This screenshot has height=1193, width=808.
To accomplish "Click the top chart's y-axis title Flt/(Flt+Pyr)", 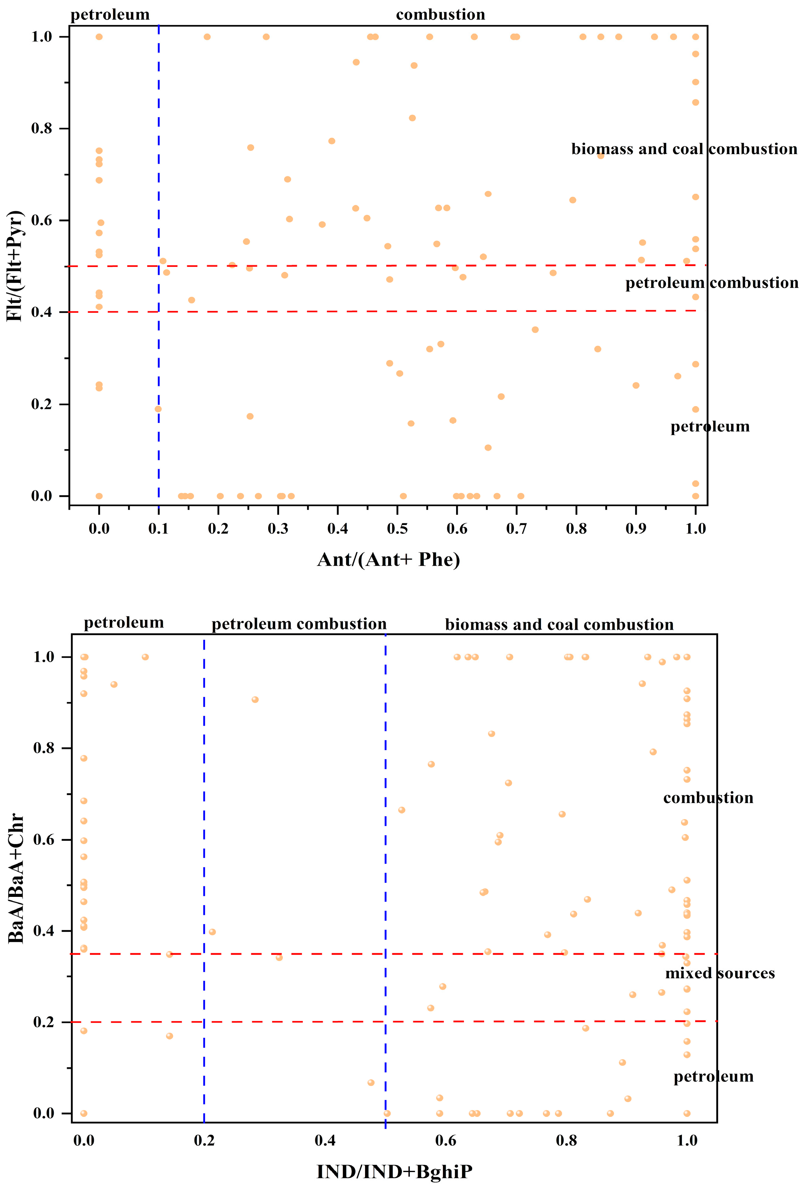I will (x=14, y=266).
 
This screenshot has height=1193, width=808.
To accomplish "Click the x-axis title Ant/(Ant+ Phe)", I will (x=388, y=560).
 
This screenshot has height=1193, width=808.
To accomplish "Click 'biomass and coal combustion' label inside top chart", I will (x=684, y=149).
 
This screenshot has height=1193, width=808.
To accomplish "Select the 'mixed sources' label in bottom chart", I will (x=720, y=973).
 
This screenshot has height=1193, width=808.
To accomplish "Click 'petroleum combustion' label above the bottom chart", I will (x=299, y=624).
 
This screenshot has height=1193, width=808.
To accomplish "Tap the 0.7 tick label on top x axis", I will (x=516, y=528).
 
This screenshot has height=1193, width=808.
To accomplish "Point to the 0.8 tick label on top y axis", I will (x=42, y=128).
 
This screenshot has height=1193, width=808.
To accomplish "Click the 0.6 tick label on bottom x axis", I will (x=446, y=1140).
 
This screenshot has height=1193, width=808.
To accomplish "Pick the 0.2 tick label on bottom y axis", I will (x=44, y=1021).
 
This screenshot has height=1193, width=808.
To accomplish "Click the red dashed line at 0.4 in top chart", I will (x=359, y=311).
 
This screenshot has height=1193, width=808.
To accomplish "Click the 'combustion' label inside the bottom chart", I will (x=708, y=798).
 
